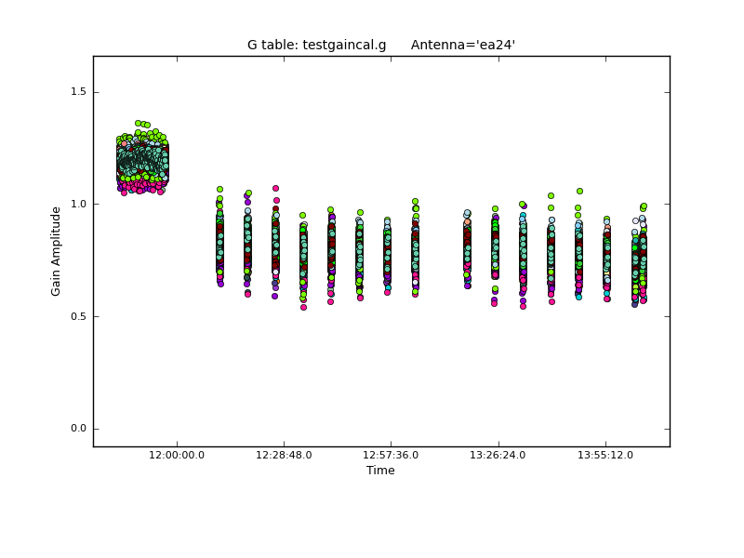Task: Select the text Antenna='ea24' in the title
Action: pyautogui.click(x=463, y=45)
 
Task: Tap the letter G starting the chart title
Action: pyautogui.click(x=252, y=45)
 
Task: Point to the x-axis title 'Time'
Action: pyautogui.click(x=380, y=471)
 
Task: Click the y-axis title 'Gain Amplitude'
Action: pyautogui.click(x=56, y=251)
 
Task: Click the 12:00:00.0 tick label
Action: pyautogui.click(x=177, y=455)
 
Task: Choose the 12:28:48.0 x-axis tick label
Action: pyautogui.click(x=284, y=455)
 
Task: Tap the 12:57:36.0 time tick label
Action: pyautogui.click(x=391, y=455)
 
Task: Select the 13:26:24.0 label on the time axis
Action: pyautogui.click(x=498, y=455)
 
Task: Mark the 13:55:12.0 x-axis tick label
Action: pyautogui.click(x=605, y=455)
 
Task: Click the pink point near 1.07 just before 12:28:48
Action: pyautogui.click(x=275, y=188)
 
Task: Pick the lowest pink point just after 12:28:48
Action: pyautogui.click(x=303, y=307)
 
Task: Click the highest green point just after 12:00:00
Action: pyautogui.click(x=219, y=189)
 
